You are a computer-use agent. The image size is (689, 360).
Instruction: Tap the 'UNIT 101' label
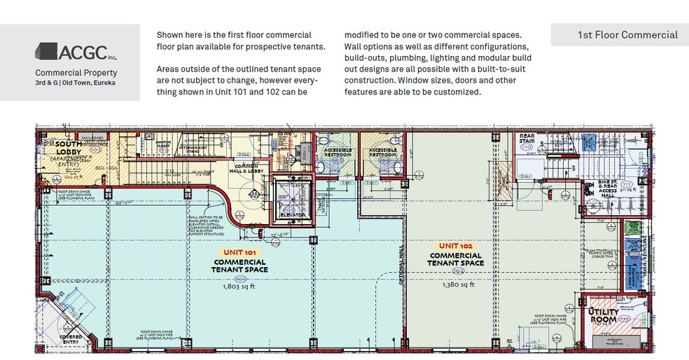pos(240,251)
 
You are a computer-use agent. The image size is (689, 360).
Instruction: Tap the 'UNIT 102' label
pos(456,246)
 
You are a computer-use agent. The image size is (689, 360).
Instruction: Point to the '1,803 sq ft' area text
pos(240,286)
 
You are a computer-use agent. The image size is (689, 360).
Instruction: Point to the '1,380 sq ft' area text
pos(456,284)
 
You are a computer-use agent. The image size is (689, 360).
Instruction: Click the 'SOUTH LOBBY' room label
pos(68,147)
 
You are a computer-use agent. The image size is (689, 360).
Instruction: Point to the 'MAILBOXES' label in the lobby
pos(92,137)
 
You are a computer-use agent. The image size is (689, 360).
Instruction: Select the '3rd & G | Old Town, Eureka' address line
pos(76,83)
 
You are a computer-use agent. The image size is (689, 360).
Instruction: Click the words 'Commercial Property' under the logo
pos(76,72)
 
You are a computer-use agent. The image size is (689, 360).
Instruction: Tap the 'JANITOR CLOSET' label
pos(164,146)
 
